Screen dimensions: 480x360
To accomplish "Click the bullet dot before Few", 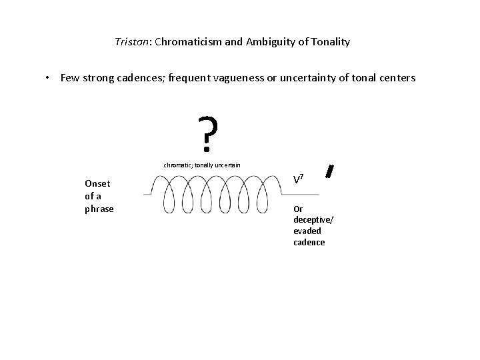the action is (x=48, y=78).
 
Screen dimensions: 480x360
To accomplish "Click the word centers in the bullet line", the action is (x=396, y=78).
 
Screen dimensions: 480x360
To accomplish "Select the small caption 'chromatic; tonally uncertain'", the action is (x=202, y=165).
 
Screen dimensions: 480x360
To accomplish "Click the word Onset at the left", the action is (x=97, y=183).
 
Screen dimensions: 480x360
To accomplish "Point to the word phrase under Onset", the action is (x=99, y=209).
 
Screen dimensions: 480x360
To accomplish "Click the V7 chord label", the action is (x=299, y=179).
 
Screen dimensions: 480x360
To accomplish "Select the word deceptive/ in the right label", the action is (x=310, y=219).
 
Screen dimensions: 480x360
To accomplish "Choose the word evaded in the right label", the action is (x=307, y=231).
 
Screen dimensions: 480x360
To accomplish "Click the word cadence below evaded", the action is (x=309, y=242).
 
